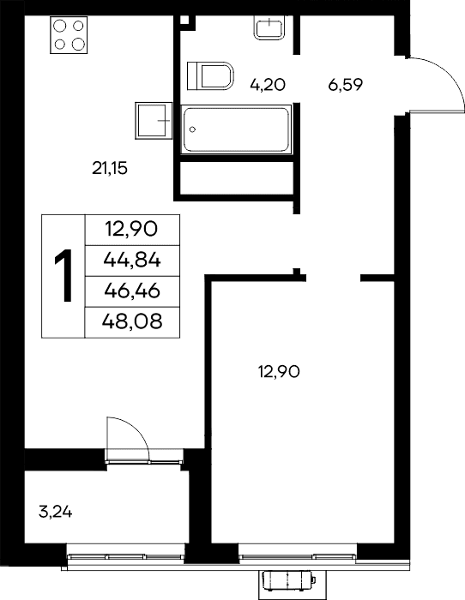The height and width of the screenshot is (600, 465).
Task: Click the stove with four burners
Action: (69, 35)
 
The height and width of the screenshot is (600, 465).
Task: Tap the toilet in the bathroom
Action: (211, 75)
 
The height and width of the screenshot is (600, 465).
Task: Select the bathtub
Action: (236, 129)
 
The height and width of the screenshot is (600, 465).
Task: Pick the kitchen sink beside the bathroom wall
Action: (154, 120)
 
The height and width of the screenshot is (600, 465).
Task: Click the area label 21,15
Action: (110, 168)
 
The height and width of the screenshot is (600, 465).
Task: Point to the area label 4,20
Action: (268, 85)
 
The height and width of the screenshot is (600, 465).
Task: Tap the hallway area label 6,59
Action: (345, 85)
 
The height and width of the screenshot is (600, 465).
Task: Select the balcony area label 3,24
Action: (56, 512)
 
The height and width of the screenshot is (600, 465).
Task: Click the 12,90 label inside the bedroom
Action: (279, 371)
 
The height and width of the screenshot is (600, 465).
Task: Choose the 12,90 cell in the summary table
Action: (132, 230)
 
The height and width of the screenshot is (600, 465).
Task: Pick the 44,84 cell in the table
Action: (132, 261)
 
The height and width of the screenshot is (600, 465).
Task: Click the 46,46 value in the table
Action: (132, 291)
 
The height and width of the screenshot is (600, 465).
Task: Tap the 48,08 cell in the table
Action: (132, 321)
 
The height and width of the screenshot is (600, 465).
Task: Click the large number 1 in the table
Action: (63, 275)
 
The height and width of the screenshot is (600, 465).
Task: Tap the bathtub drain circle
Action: (193, 129)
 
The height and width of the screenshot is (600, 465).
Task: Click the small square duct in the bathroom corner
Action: (185, 21)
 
